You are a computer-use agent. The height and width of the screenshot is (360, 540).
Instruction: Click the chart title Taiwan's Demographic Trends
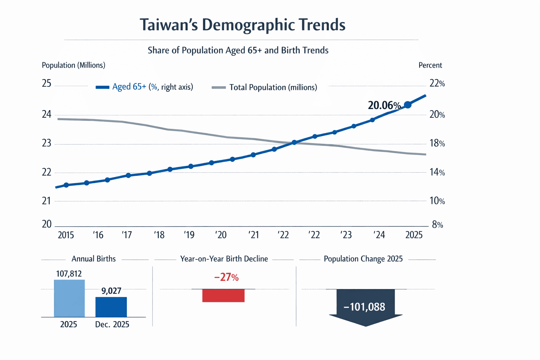[243, 25]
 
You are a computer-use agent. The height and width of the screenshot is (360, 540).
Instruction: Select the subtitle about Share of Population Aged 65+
[238, 50]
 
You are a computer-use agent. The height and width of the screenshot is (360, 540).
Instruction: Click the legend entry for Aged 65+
[144, 87]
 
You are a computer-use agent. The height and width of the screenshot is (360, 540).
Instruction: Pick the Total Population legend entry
[265, 87]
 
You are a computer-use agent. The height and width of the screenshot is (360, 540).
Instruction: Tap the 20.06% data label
[384, 105]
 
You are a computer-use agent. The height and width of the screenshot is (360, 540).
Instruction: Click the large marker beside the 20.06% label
[407, 105]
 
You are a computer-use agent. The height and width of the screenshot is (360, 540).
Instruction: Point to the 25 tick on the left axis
[46, 84]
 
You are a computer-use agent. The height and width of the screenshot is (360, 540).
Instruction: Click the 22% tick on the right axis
[437, 84]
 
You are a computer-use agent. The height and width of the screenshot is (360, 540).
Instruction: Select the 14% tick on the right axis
[437, 173]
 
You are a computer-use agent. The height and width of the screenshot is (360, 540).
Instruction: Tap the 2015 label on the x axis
[66, 235]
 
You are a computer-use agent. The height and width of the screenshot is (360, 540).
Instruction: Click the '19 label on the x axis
[189, 235]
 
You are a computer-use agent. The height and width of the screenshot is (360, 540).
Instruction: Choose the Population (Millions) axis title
[73, 65]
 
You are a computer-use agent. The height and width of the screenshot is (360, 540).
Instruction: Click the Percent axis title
[430, 65]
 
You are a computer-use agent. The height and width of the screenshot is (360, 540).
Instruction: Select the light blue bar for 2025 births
[69, 298]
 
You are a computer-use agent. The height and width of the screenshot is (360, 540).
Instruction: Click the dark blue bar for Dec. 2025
[111, 307]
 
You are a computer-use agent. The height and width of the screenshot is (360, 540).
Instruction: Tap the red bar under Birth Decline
[223, 296]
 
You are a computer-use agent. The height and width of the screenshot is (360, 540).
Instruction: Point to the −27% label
[226, 277]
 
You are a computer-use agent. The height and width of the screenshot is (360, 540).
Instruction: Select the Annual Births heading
[94, 259]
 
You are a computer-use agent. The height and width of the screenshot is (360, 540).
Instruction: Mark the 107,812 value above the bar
[69, 274]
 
